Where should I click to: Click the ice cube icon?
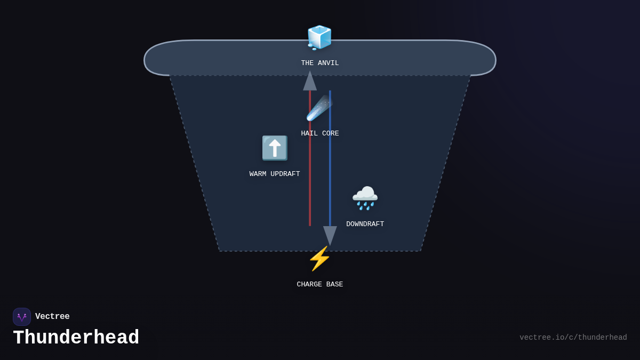(x=319, y=37)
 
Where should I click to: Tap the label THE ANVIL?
(x=320, y=63)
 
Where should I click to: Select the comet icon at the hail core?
(x=319, y=108)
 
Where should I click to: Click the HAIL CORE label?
(x=320, y=134)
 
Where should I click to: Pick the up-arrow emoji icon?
(x=275, y=148)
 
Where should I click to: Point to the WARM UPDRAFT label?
(x=275, y=174)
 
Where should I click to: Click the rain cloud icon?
(x=365, y=198)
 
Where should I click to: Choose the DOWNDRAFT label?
(x=365, y=225)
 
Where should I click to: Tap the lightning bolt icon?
(x=319, y=259)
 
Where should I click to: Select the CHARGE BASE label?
(x=320, y=285)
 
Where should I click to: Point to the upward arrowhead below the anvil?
(x=310, y=81)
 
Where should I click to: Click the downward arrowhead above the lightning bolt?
(x=330, y=235)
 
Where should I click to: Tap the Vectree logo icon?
(x=22, y=317)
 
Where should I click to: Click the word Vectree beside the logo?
(x=52, y=317)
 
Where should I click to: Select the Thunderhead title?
(x=76, y=338)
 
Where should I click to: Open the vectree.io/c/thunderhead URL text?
(x=573, y=338)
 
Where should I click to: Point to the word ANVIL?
(x=329, y=63)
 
